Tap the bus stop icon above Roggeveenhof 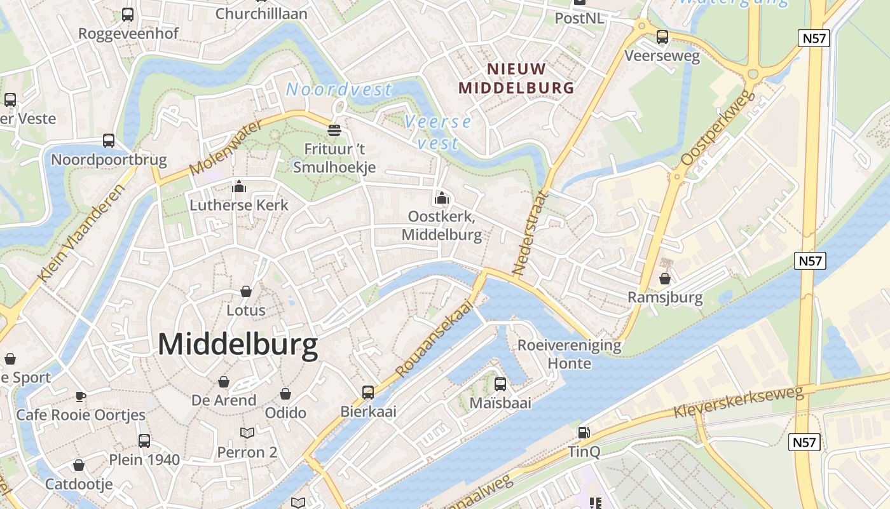coord(128,14)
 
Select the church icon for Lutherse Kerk coord(239,186)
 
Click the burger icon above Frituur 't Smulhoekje coord(334,130)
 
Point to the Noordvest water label coord(339,90)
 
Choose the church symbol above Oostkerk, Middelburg coord(441,198)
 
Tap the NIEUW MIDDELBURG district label coord(516,78)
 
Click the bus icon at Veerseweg coord(662,37)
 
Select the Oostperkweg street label coord(717,129)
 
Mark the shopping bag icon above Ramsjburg coord(665,279)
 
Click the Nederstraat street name coord(529,233)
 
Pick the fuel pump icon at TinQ coord(584,433)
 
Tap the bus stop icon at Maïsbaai coord(500,384)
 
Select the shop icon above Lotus coord(246,291)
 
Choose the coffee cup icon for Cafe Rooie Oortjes coord(81,396)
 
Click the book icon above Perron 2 coord(247,433)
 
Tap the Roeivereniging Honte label coord(569,354)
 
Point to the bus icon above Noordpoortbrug coord(109,141)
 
